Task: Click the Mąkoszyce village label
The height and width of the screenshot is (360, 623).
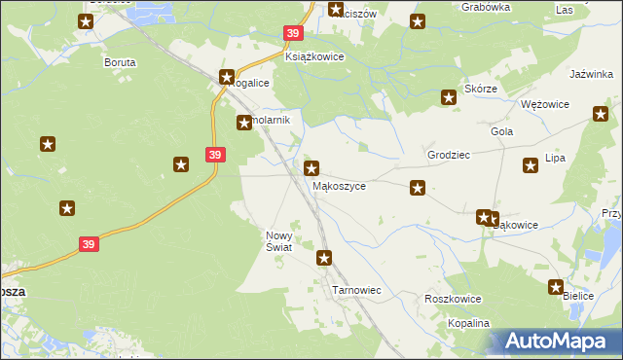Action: (339, 185)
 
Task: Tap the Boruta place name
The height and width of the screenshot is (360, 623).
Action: (120, 62)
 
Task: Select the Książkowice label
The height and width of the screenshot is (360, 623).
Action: (313, 56)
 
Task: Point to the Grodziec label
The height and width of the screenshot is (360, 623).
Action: (449, 155)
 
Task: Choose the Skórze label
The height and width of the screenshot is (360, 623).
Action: (481, 89)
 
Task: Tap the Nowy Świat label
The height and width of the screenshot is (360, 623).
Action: (279, 241)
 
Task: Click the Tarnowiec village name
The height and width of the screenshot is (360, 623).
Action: (356, 290)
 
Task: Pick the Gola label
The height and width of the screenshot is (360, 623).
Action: (502, 131)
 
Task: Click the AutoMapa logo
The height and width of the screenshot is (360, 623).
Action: (555, 340)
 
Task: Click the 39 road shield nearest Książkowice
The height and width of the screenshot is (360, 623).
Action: (293, 33)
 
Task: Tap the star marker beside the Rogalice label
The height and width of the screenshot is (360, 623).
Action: (227, 77)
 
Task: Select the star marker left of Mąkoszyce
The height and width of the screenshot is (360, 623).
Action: (311, 169)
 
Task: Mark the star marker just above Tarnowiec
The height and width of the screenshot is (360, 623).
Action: (324, 258)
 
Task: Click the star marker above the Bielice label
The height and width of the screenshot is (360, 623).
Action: (556, 287)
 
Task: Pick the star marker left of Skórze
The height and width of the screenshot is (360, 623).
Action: (449, 96)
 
